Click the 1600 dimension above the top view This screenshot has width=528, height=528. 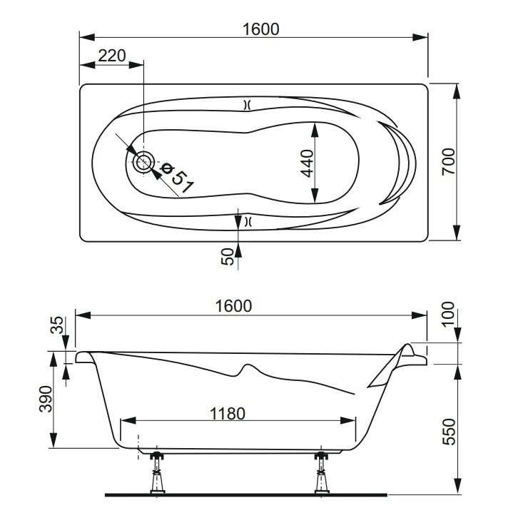(x=261, y=29)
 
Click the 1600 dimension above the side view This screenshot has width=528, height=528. (x=234, y=306)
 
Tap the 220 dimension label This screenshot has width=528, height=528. (x=112, y=56)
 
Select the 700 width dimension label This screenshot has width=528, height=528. (x=449, y=162)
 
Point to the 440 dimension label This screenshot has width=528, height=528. (x=307, y=163)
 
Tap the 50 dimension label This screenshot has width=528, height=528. (x=228, y=257)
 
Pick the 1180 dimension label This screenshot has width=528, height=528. (x=228, y=414)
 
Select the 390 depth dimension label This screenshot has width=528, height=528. (x=46, y=399)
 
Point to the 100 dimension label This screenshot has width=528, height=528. (x=448, y=314)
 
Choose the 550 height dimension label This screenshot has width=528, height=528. (x=449, y=432)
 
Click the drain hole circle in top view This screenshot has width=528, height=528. (x=144, y=162)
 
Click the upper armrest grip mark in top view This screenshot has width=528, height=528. (x=247, y=105)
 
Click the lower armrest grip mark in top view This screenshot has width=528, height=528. (x=248, y=221)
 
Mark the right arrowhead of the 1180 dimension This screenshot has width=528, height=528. (x=348, y=420)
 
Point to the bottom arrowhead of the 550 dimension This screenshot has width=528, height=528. (x=457, y=487)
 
